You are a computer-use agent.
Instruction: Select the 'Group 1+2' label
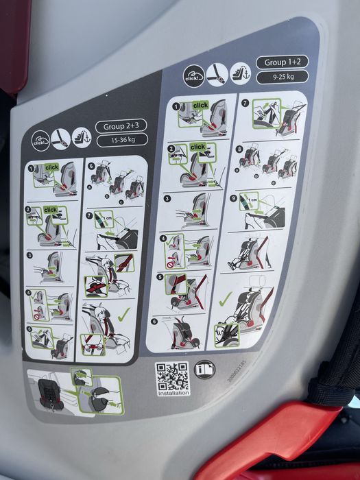coord(282,62)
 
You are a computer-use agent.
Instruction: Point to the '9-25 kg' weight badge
coord(282,77)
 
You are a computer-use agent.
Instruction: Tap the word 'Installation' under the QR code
coord(173,394)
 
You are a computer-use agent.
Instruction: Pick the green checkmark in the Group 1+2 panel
coord(225,299)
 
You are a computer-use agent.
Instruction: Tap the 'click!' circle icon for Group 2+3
coord(40,142)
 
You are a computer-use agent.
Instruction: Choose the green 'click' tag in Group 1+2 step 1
coord(200,106)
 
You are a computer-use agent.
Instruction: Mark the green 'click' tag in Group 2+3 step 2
coord(50,210)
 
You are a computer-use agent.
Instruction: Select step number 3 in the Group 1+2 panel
coord(167,199)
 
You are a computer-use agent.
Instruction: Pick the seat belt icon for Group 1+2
coord(217,73)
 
